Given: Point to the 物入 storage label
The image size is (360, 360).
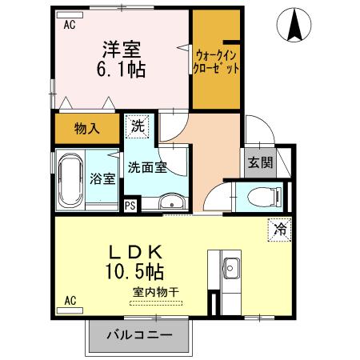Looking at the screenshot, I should [x=87, y=129].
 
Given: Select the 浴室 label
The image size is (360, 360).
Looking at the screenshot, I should [x=103, y=178].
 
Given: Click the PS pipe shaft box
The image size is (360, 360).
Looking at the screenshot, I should [x=130, y=205].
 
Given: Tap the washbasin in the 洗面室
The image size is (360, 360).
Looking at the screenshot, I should [x=171, y=203].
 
